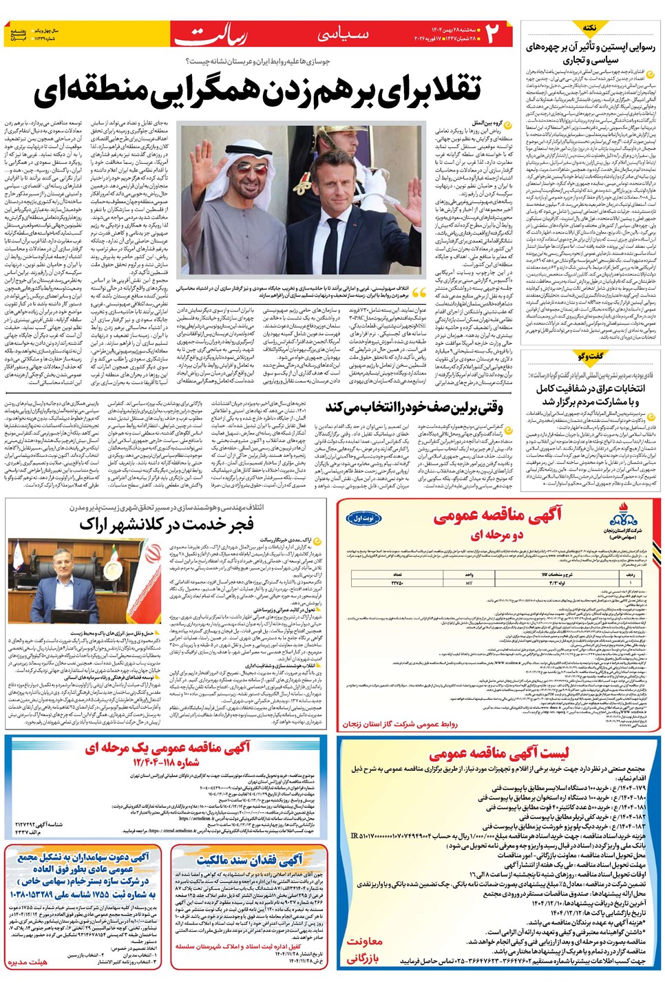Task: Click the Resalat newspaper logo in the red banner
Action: click(211, 34)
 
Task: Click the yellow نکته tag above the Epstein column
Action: click(590, 28)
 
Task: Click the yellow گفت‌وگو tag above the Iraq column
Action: click(590, 356)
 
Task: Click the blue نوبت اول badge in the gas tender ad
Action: click(363, 518)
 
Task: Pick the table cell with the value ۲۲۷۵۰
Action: click(397, 583)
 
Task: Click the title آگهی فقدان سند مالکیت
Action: click(249, 860)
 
